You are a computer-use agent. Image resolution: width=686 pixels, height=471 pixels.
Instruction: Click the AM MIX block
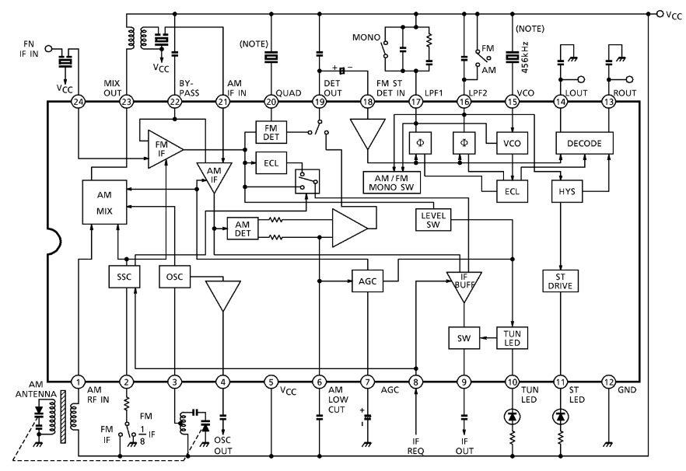coord(104,202)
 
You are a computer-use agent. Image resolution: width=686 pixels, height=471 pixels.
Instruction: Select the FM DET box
coord(271,132)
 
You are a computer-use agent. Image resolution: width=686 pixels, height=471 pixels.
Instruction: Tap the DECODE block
coord(584,143)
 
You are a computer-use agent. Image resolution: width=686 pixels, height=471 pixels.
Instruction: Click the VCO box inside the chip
coord(512,143)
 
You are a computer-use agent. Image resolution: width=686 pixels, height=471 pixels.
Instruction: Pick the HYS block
coord(566,191)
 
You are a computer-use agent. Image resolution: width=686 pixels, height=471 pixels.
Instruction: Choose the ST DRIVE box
coord(561,281)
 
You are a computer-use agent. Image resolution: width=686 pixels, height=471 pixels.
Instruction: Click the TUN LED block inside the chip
coord(512,337)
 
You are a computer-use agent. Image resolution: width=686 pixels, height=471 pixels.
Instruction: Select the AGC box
coord(367,281)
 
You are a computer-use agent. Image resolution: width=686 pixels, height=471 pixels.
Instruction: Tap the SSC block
coord(124,277)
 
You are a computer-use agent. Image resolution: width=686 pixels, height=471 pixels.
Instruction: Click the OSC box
coord(174,277)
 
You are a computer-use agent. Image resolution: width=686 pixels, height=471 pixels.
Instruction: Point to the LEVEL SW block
coord(433,219)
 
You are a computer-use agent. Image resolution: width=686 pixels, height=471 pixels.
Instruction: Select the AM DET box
coord(243,229)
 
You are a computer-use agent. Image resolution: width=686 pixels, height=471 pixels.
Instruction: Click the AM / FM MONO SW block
coord(391,183)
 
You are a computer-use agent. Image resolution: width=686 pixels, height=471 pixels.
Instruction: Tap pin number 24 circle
coord(79,102)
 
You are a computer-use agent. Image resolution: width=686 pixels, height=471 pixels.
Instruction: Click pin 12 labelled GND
coord(608,382)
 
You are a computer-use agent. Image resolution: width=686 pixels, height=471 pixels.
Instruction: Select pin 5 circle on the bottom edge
coord(271,382)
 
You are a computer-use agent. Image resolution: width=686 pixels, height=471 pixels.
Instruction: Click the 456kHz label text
coord(526,58)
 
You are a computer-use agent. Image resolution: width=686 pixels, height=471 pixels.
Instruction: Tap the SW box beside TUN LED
coord(464,337)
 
